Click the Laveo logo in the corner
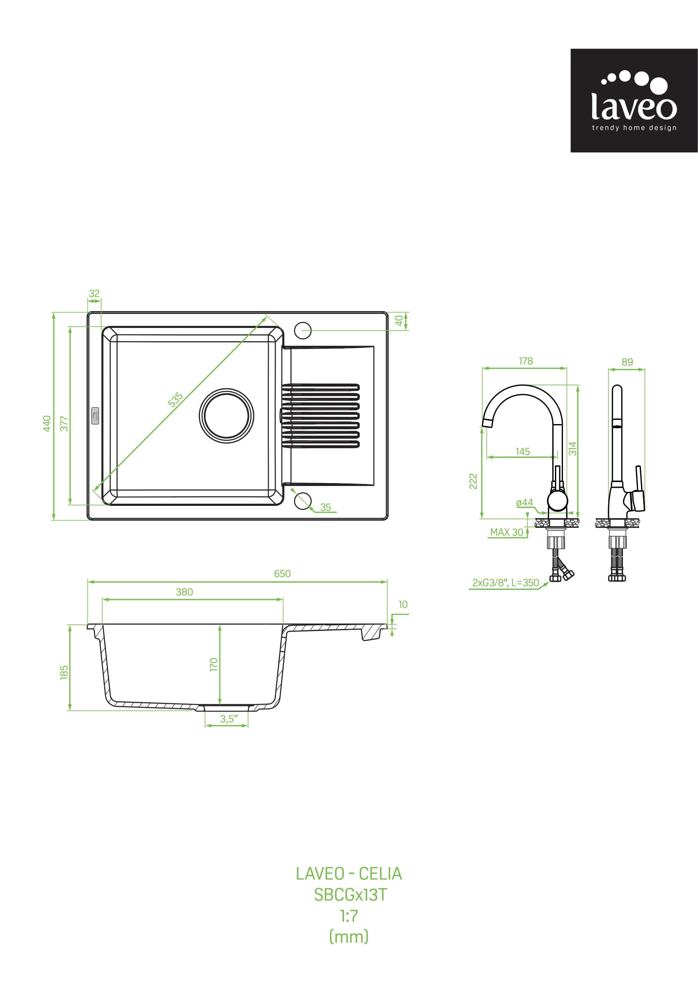click(x=634, y=100)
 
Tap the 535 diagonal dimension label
click(x=176, y=399)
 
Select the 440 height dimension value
click(x=47, y=423)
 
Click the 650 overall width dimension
click(x=282, y=574)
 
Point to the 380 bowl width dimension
click(x=184, y=592)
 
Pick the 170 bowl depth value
click(x=214, y=664)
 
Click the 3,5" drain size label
click(x=229, y=719)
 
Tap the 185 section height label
click(x=64, y=672)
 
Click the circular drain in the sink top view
click(x=227, y=416)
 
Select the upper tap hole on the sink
click(x=303, y=330)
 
